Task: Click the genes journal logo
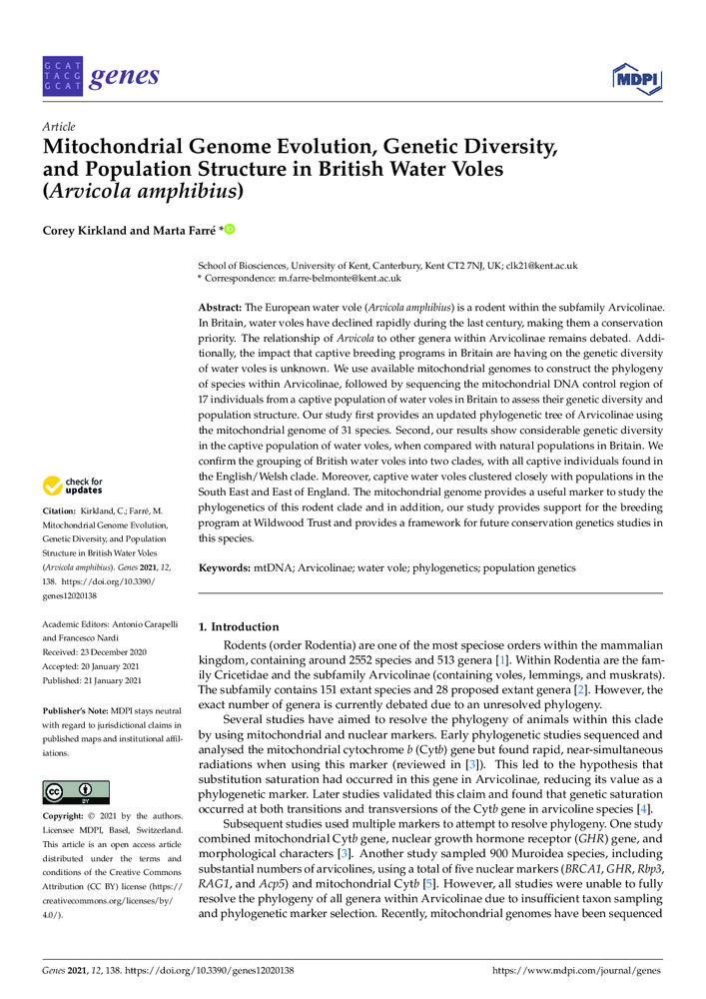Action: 101,76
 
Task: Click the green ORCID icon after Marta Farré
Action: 229,231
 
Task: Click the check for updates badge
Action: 71,487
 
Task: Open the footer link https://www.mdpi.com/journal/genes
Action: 578,970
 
